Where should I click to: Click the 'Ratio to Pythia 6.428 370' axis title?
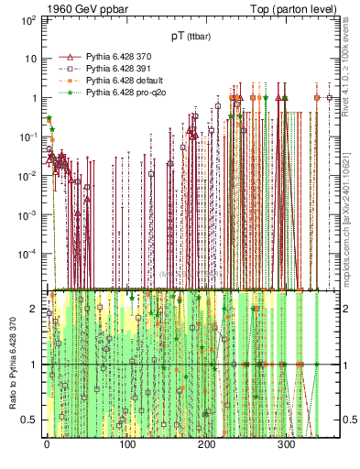pos(11,365)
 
